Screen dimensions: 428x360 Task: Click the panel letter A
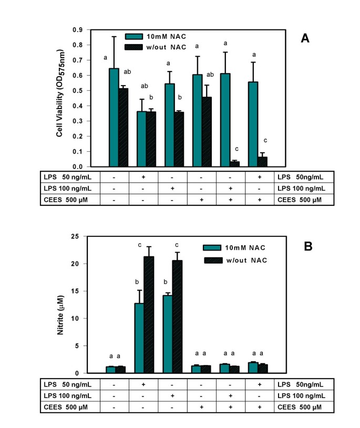pos(304,38)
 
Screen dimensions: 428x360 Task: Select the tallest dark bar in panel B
pos(148,315)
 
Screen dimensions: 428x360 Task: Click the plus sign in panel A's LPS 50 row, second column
pos(143,177)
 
